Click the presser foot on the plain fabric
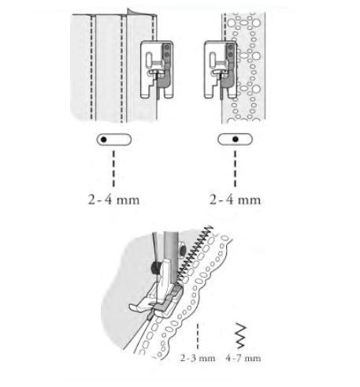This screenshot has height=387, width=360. (157, 69)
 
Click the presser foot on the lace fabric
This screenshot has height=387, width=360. (221, 69)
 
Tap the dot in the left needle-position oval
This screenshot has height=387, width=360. (104, 140)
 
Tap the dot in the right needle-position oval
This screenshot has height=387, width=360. (236, 140)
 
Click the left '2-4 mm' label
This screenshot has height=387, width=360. (113, 200)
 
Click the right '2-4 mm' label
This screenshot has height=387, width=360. (235, 200)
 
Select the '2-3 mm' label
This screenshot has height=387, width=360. (198, 358)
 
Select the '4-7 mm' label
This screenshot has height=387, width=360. (243, 358)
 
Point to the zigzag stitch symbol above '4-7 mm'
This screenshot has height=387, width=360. (241, 336)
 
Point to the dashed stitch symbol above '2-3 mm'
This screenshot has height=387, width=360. (198, 337)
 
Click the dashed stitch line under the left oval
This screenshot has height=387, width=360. (113, 169)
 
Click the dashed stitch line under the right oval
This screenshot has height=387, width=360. (235, 169)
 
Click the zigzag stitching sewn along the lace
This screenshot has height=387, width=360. (195, 254)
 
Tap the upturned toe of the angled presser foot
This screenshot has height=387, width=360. (134, 307)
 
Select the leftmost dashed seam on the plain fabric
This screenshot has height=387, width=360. (91, 67)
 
